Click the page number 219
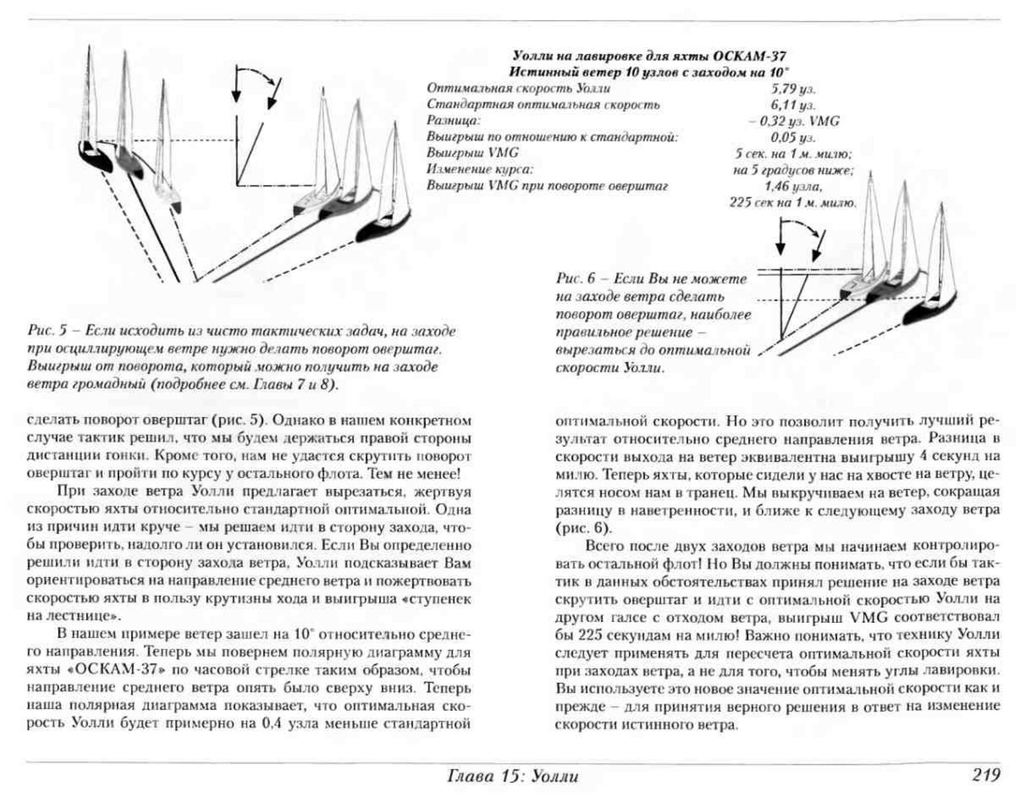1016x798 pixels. point(985,775)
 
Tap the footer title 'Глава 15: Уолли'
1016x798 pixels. point(513,776)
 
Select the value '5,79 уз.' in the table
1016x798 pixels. point(793,89)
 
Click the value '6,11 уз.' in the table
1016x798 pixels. point(793,105)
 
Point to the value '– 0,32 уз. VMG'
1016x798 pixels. point(794,121)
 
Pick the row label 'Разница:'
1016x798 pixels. point(453,121)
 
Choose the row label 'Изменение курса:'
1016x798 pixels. point(480,169)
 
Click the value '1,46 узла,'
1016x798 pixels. point(793,186)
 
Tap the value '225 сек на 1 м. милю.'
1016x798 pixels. point(793,202)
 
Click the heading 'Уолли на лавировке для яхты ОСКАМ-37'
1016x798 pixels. point(649,56)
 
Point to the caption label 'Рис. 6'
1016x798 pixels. point(575,279)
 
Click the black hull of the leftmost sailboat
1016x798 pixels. point(96,156)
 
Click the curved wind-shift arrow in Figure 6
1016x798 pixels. point(803,227)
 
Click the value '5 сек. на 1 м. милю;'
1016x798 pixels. point(793,154)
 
